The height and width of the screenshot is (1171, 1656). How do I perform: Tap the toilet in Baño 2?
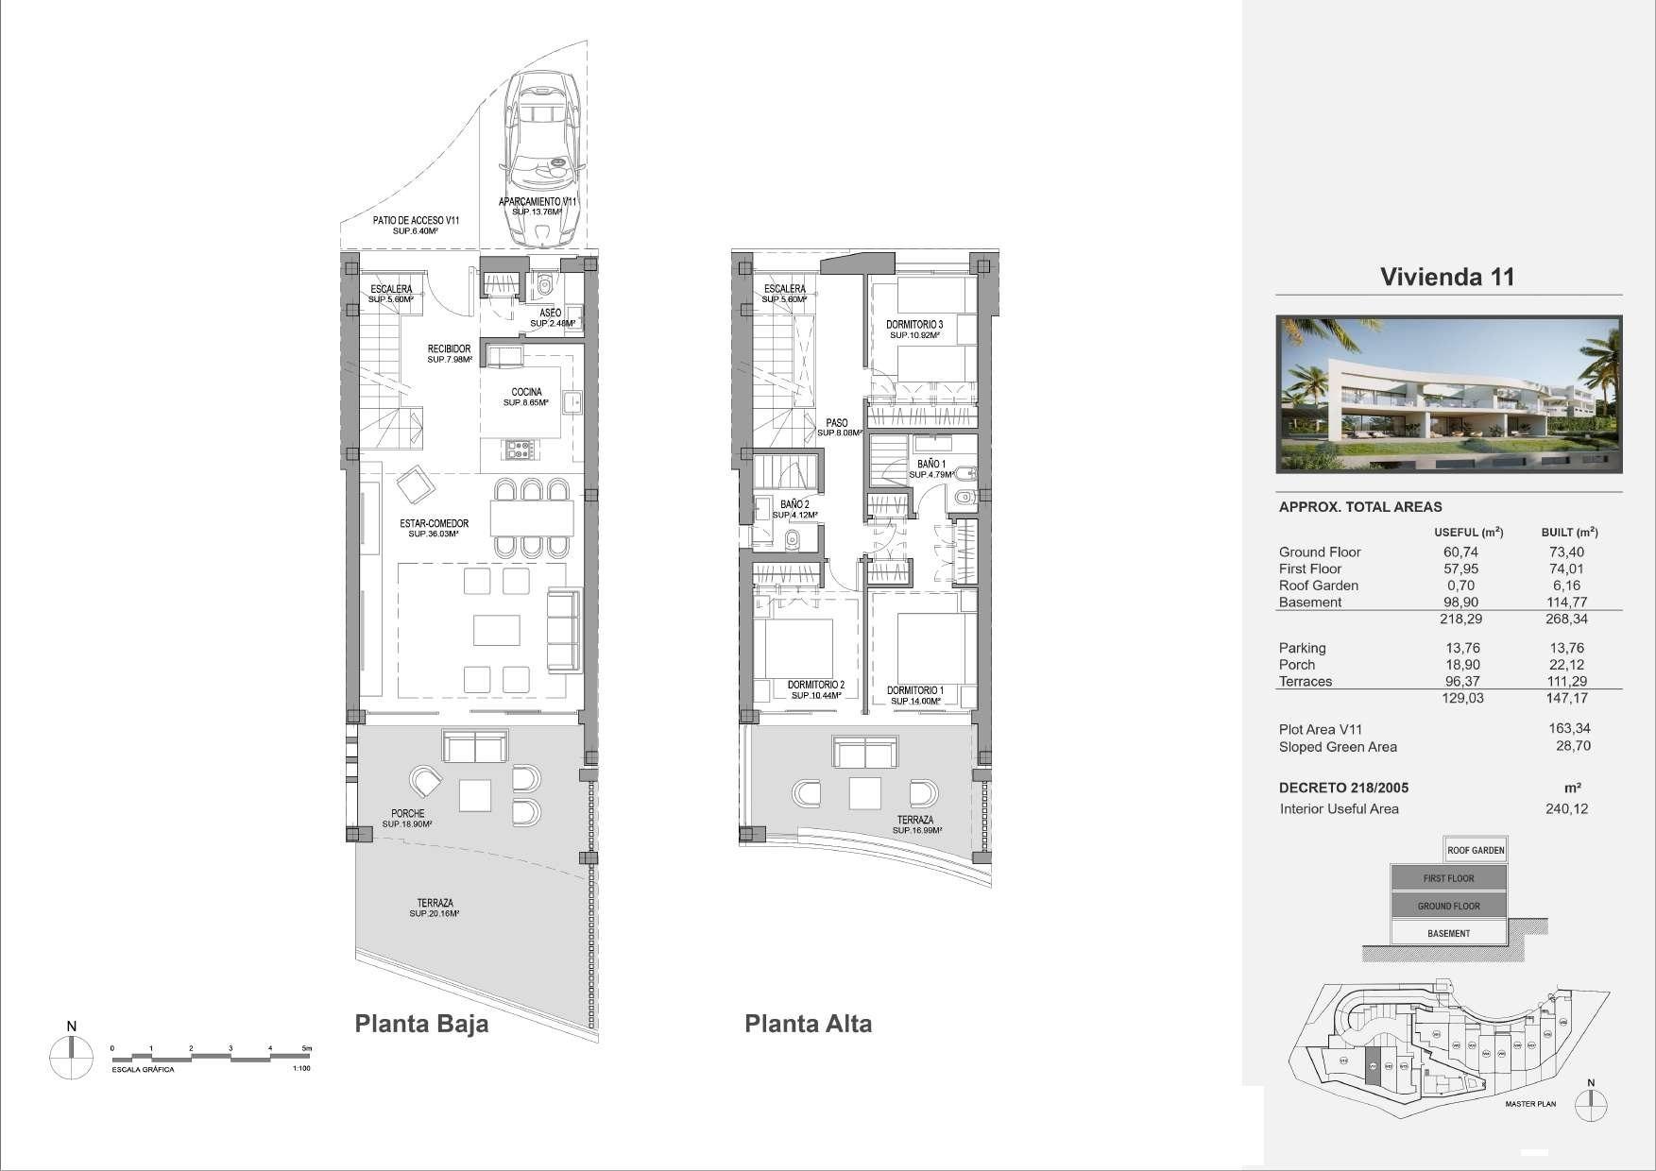coord(794,540)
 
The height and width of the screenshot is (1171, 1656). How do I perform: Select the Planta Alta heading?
coord(808,1024)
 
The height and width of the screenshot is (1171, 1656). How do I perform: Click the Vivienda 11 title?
coord(1446,277)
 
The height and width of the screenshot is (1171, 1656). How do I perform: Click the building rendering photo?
coord(1448,394)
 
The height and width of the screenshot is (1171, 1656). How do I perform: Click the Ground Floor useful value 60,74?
coord(1460,552)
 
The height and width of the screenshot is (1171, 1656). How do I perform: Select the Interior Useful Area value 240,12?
coord(1563,809)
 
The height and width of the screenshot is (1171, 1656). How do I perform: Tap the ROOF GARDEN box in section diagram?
coord(1475,850)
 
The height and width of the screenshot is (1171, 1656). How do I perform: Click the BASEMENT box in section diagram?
coord(1448,933)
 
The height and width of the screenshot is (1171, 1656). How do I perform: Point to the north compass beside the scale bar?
coord(72,1057)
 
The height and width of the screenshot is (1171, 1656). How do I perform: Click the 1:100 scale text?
coord(300,1069)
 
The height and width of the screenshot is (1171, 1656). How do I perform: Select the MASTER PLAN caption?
coord(1529,1104)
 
